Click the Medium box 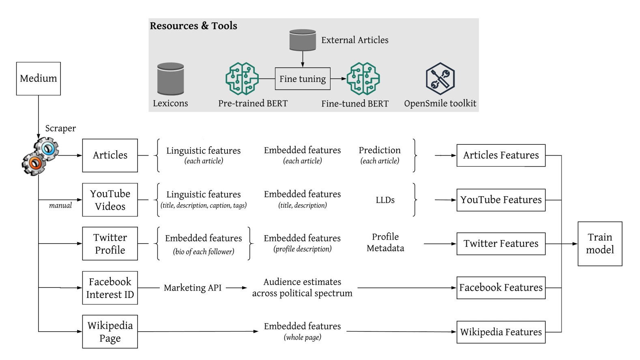pyautogui.click(x=39, y=79)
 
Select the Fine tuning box pyautogui.click(x=303, y=79)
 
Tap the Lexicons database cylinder pyautogui.click(x=170, y=79)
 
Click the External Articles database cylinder pyautogui.click(x=303, y=40)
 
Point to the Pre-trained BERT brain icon pyautogui.click(x=242, y=79)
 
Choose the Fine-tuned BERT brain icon pyautogui.click(x=363, y=79)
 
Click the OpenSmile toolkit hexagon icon pyautogui.click(x=440, y=79)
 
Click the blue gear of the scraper pyautogui.click(x=47, y=149)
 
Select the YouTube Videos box pyautogui.click(x=110, y=200)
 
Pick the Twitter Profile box pyautogui.click(x=110, y=244)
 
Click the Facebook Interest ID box pyautogui.click(x=110, y=288)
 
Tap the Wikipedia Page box pyautogui.click(x=110, y=332)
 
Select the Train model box pyautogui.click(x=600, y=244)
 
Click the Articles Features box pyautogui.click(x=501, y=155)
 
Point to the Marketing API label pyautogui.click(x=193, y=288)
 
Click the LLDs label pyautogui.click(x=385, y=200)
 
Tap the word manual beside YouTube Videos pyautogui.click(x=60, y=206)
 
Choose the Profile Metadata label pyautogui.click(x=385, y=242)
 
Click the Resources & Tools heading pyautogui.click(x=193, y=26)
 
